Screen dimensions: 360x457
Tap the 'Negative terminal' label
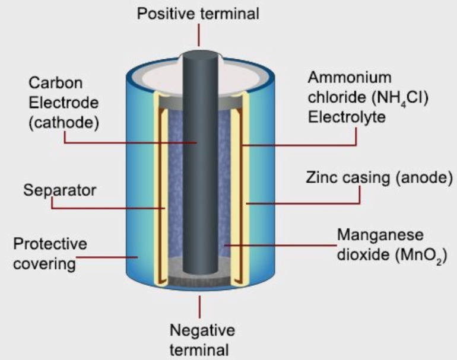coord(202,340)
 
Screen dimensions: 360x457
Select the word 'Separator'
coord(59,190)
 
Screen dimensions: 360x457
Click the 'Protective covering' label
coord(50,253)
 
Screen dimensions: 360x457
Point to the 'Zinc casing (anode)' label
coord(380,177)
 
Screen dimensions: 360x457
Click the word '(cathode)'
coord(53,123)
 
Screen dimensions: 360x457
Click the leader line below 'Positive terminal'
coord(199,37)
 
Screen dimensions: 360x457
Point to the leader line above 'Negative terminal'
coord(200,305)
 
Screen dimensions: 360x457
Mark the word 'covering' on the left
coord(45,263)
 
